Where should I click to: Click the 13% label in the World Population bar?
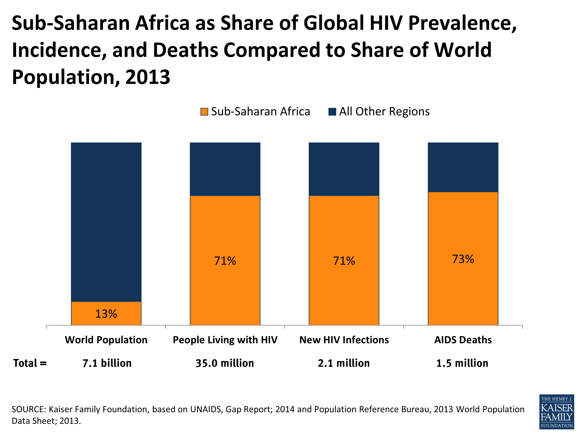(x=106, y=314)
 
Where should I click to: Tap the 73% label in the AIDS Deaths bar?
(x=463, y=259)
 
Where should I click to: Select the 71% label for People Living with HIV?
(x=225, y=261)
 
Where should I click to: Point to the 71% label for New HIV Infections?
(x=344, y=261)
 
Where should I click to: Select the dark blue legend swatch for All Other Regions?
(x=332, y=112)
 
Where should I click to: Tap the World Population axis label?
(x=106, y=340)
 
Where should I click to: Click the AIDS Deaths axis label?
(x=463, y=340)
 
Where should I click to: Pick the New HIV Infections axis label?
(x=344, y=340)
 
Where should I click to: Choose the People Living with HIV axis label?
(x=225, y=340)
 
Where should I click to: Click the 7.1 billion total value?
(x=107, y=363)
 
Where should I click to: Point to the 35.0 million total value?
(x=225, y=363)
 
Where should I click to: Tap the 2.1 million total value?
(x=344, y=363)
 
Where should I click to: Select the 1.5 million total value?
(x=462, y=363)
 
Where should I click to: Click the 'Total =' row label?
(x=30, y=363)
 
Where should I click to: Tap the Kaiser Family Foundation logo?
(x=556, y=412)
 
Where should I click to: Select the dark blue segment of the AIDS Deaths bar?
(x=463, y=167)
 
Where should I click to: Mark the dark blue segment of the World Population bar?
(x=106, y=222)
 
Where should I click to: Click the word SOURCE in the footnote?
(x=29, y=409)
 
